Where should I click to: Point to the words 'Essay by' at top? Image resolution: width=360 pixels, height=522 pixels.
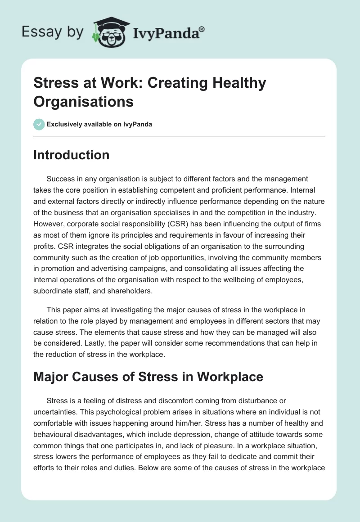pos(53,32)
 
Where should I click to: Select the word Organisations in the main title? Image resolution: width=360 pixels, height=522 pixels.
pos(83,101)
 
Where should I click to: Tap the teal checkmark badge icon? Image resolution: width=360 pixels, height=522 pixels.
pos(39,124)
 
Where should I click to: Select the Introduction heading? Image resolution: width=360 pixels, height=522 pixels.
pos(71,155)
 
